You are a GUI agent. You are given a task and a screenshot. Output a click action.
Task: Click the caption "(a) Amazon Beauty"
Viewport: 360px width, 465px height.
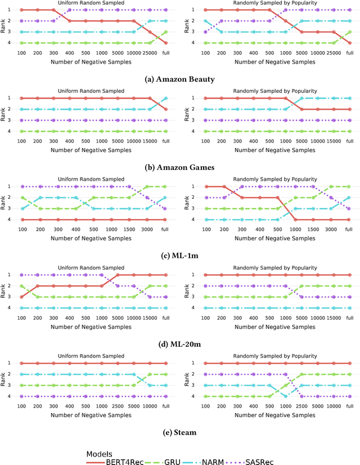[180, 79]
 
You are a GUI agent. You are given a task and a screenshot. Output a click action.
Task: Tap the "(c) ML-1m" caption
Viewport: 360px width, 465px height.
[180, 255]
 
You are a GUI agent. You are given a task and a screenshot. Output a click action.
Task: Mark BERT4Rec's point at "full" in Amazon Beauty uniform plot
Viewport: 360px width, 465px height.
[166, 43]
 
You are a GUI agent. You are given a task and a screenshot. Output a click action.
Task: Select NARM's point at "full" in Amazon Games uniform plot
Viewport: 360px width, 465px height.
[166, 98]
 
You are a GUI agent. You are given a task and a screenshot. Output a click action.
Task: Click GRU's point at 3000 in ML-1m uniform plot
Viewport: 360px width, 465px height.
[150, 186]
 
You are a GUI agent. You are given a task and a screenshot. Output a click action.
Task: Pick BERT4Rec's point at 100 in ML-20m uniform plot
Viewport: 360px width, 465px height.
[21, 297]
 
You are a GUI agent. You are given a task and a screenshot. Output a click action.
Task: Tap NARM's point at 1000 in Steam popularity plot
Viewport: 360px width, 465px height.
[285, 396]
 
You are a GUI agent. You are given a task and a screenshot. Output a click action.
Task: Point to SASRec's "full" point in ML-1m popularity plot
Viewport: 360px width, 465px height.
[349, 208]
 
